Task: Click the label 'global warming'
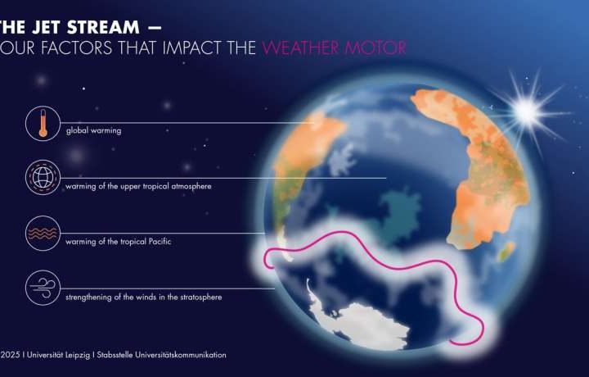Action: (94, 130)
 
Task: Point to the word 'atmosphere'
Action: (190, 186)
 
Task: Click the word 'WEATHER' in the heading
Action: (303, 48)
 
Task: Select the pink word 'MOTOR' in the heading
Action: (375, 48)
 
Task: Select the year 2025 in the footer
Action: (11, 355)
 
